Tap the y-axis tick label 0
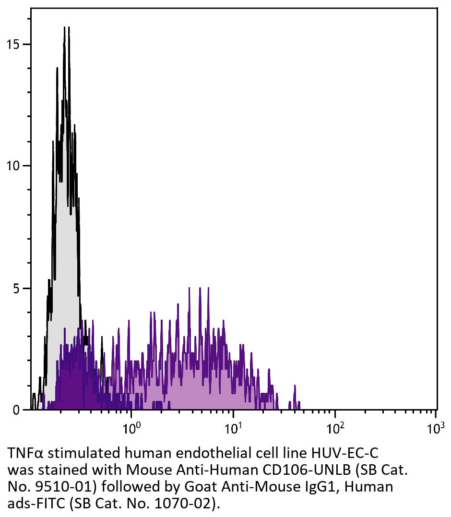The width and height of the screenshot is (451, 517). point(16,410)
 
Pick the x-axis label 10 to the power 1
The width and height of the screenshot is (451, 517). point(233,426)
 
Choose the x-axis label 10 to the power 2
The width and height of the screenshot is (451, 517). point(335,426)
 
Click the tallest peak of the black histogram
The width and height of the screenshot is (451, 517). point(64,28)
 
